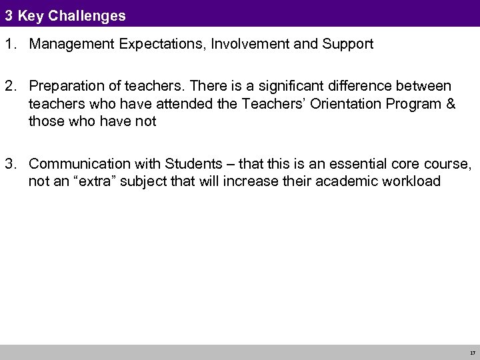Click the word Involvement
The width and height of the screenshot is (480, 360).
[x=239, y=45]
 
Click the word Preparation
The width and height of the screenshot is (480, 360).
[x=67, y=87]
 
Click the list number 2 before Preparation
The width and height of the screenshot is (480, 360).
[x=9, y=87]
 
